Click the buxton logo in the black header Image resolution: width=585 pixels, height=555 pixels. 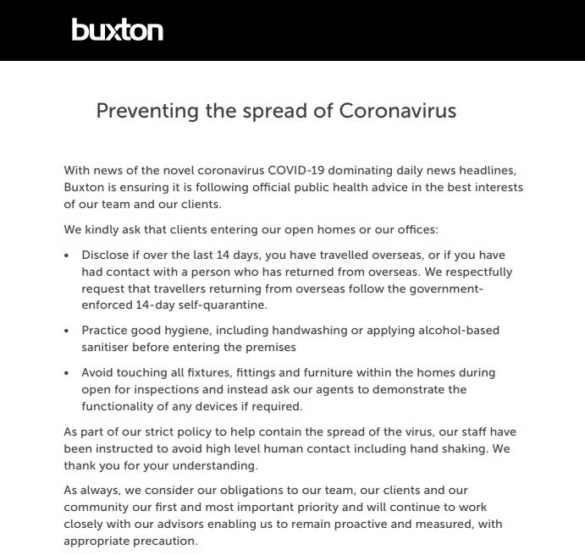117,30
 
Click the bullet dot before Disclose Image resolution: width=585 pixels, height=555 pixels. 68,254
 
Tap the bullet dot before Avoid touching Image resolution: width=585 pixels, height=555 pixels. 68,372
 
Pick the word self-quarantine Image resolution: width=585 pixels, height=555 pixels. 240,306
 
